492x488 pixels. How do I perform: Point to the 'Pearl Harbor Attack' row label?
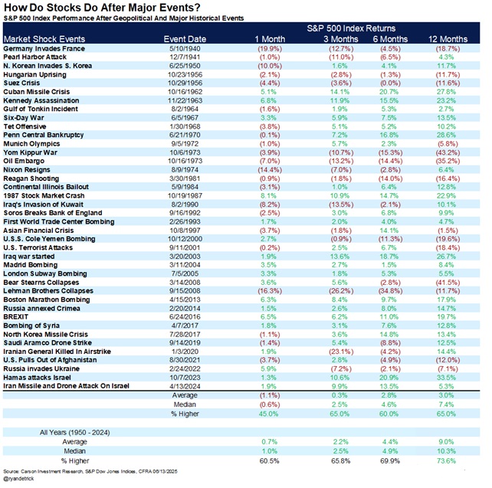(36, 57)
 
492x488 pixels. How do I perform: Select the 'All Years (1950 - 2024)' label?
(79, 433)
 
